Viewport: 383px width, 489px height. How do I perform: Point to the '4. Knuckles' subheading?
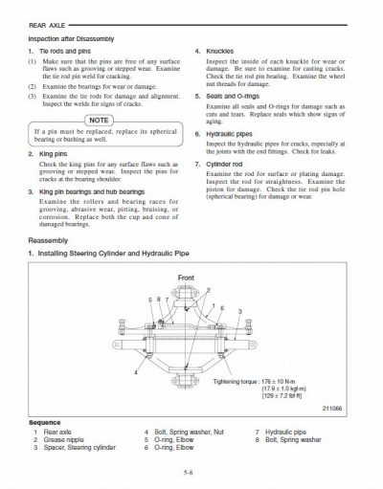tap(217, 50)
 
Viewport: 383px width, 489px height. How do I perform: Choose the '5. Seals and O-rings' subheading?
tap(231, 96)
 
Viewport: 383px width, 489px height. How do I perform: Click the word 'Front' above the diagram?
tap(185, 277)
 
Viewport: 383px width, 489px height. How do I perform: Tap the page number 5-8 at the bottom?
tap(191, 472)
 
